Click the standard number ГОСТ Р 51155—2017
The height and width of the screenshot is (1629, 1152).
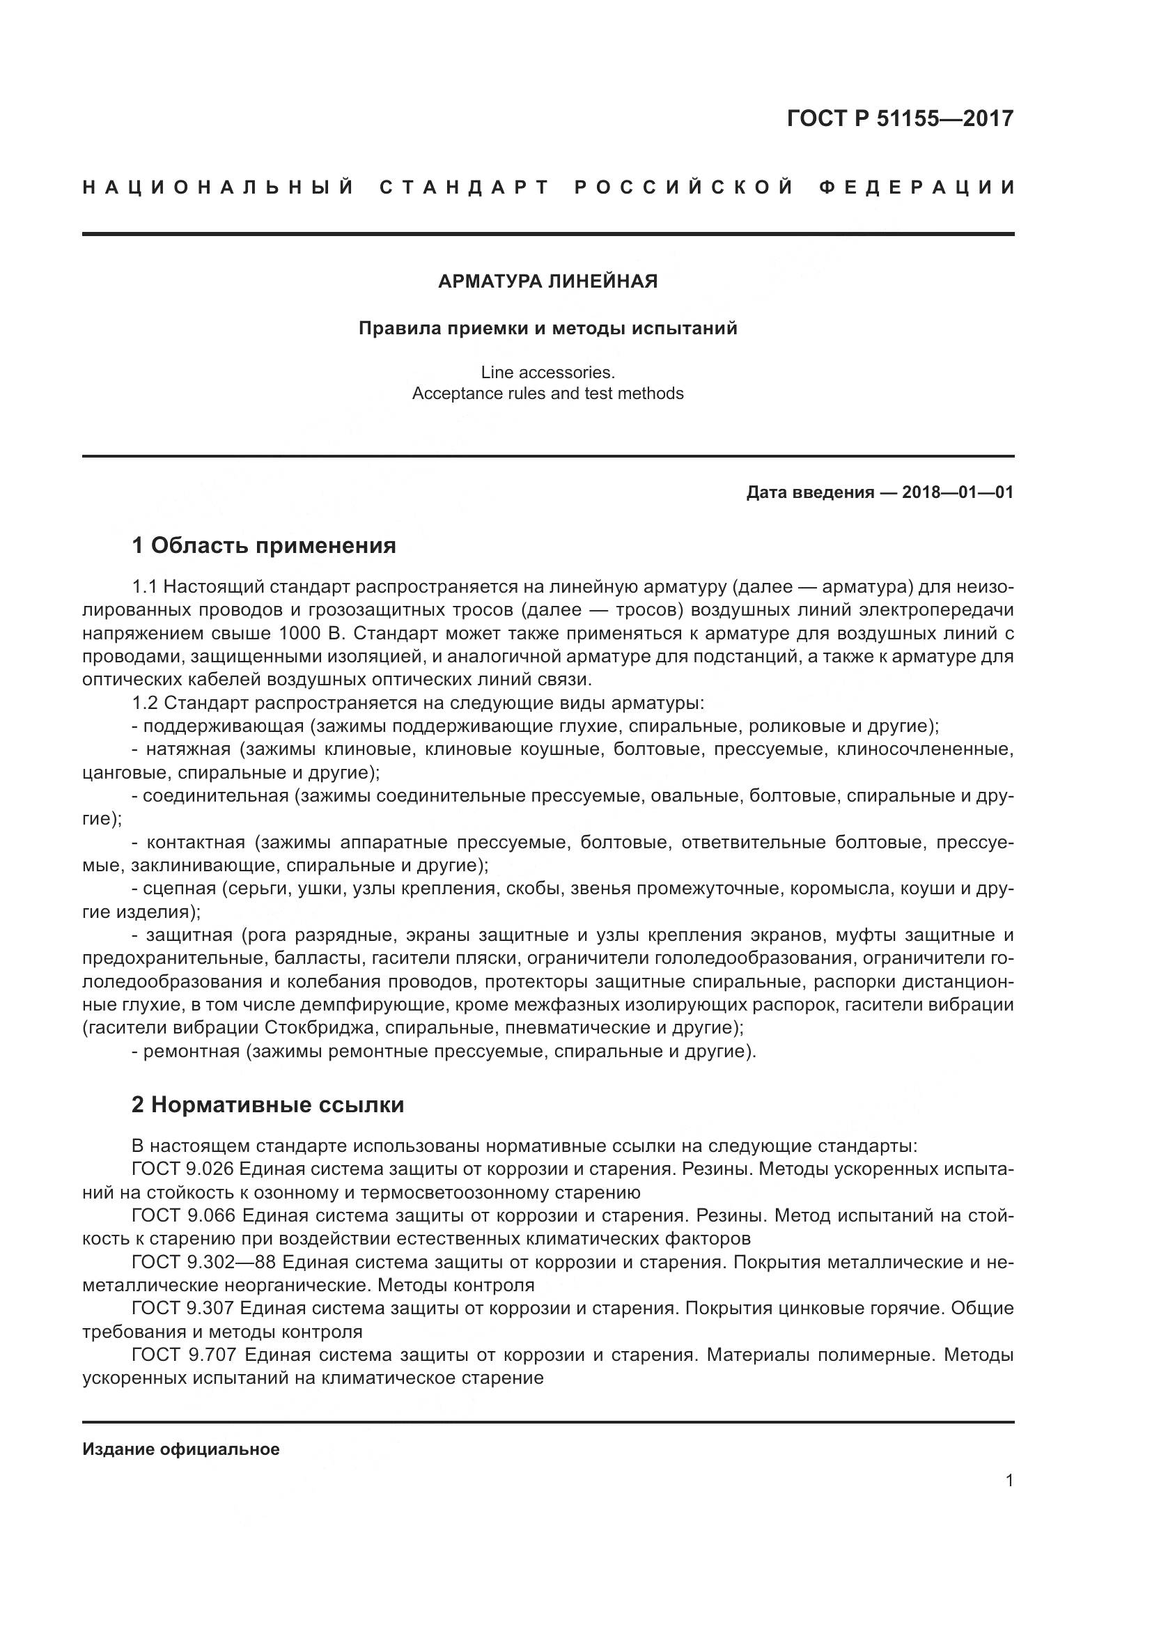pyautogui.click(x=899, y=118)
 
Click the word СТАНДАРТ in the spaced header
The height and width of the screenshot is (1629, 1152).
pyautogui.click(x=465, y=188)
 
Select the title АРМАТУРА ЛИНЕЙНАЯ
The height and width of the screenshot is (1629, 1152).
pyautogui.click(x=547, y=281)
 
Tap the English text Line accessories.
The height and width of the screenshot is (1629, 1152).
pyautogui.click(x=547, y=372)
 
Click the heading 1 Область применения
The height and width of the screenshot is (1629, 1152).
pyautogui.click(x=264, y=545)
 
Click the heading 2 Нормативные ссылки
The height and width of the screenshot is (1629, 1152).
pyautogui.click(x=268, y=1105)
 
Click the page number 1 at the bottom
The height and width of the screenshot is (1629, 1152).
pyautogui.click(x=1009, y=1480)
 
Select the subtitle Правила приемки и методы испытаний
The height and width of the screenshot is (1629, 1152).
pyautogui.click(x=547, y=329)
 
